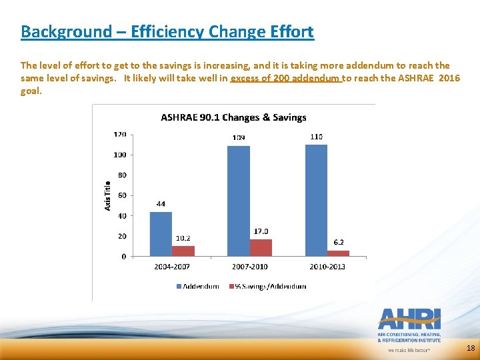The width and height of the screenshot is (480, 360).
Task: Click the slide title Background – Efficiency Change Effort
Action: pyautogui.click(x=167, y=31)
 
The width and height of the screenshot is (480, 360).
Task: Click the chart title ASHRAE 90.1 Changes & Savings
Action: pyautogui.click(x=233, y=117)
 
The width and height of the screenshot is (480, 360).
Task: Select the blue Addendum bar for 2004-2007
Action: pyautogui.click(x=161, y=234)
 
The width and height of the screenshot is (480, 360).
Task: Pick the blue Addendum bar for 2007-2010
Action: pyautogui.click(x=239, y=201)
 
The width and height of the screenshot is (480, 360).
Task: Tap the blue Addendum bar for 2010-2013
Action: pyautogui.click(x=316, y=200)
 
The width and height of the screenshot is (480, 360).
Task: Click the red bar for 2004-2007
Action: pyautogui.click(x=183, y=251)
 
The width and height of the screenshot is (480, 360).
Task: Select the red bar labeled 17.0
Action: pyautogui.click(x=261, y=247)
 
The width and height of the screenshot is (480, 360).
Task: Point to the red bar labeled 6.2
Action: pyautogui.click(x=338, y=253)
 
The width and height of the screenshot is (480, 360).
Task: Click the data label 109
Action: pyautogui.click(x=239, y=138)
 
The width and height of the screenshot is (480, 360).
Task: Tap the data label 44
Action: pyautogui.click(x=161, y=204)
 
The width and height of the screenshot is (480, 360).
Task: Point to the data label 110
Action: pyautogui.click(x=316, y=137)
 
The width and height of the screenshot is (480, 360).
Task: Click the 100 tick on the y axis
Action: pyautogui.click(x=120, y=155)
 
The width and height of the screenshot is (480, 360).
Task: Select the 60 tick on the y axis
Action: pyautogui.click(x=122, y=195)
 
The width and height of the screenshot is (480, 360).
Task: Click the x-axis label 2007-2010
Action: pyautogui.click(x=249, y=267)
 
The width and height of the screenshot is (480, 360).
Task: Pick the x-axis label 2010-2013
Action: pyautogui.click(x=327, y=267)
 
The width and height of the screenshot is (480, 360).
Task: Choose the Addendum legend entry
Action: pyautogui.click(x=198, y=286)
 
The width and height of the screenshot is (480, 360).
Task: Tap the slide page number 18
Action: pyautogui.click(x=471, y=348)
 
